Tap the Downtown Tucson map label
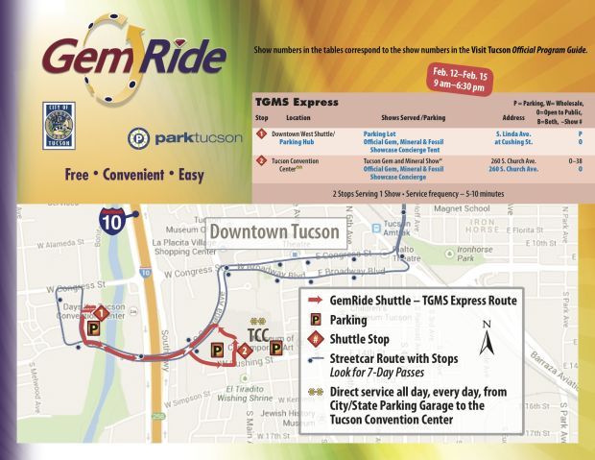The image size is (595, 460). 274,232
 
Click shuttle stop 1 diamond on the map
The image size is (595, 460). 99,312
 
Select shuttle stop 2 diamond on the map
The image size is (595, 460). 246,350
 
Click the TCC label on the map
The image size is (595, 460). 258,335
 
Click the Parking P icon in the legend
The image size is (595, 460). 312,318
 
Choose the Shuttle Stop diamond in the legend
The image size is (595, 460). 312,338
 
